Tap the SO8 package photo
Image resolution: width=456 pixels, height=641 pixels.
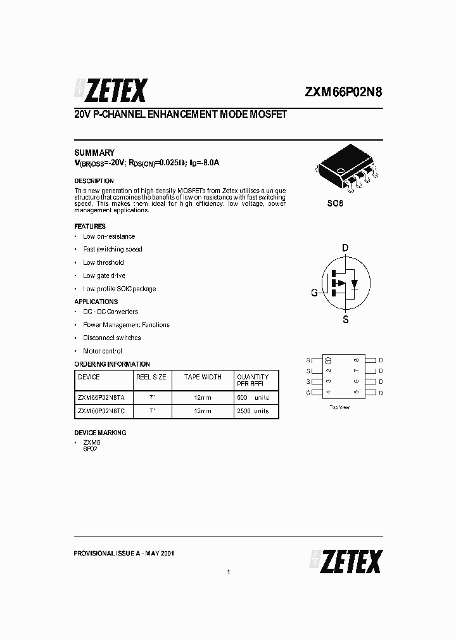click(346, 170)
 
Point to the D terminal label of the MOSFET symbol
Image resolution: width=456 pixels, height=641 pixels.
click(345, 248)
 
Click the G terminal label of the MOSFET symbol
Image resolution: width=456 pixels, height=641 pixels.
click(314, 293)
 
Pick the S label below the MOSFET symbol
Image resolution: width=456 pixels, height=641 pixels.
click(345, 319)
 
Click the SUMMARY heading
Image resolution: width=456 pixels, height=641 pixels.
click(94, 153)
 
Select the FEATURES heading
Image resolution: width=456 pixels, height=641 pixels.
click(90, 226)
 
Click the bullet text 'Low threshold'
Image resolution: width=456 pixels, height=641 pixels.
click(103, 262)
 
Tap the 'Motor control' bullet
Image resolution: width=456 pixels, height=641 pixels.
click(103, 351)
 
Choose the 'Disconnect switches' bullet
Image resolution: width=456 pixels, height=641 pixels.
click(111, 338)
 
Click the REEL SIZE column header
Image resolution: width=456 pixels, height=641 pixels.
click(151, 377)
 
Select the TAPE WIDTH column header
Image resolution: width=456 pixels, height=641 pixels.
click(203, 377)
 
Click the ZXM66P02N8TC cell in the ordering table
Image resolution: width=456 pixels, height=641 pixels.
click(101, 411)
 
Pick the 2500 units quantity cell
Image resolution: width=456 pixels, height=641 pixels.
click(252, 411)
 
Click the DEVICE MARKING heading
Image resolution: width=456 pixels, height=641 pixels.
click(100, 433)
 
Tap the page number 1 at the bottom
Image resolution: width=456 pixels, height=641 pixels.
click(228, 573)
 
